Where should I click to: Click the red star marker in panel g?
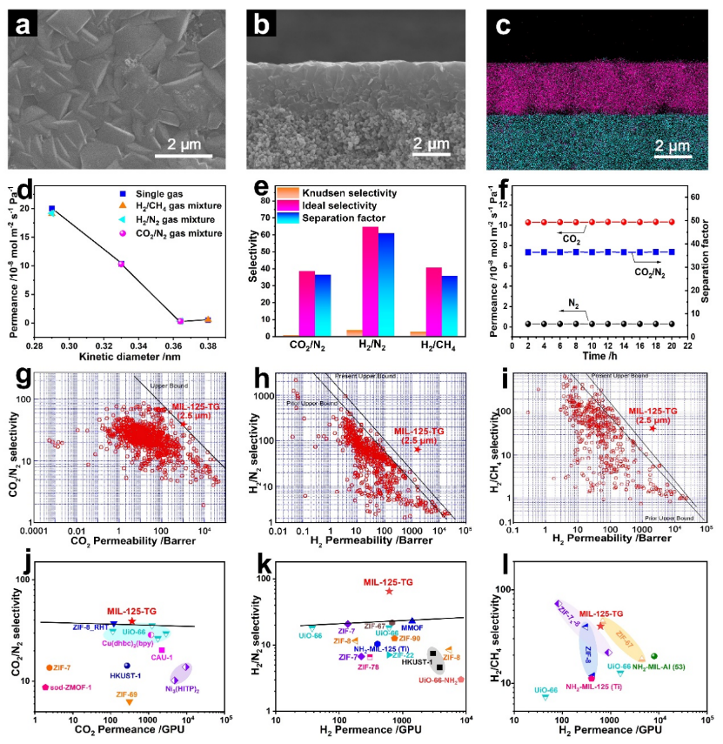(183, 424)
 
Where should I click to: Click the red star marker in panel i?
(652, 429)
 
